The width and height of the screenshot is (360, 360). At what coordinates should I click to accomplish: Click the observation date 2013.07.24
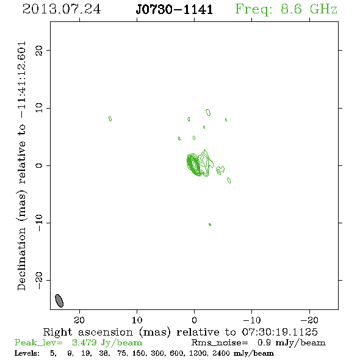[x=62, y=9]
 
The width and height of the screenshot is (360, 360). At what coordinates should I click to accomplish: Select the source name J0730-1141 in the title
[x=175, y=9]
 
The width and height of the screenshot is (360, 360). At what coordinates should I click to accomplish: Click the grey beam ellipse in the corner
[x=59, y=301]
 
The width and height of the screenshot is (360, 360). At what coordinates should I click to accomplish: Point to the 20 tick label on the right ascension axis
[x=79, y=320]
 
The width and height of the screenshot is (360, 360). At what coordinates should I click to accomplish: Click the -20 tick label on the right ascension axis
[x=309, y=320]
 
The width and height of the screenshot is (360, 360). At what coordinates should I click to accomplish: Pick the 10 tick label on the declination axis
[x=39, y=108]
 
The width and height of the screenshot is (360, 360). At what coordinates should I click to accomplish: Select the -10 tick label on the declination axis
[x=39, y=223]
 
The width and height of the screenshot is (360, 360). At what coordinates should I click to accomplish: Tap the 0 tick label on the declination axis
[x=39, y=165]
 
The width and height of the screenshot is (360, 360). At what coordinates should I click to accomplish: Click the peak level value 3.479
[x=84, y=342]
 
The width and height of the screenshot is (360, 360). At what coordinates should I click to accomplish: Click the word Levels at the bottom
[x=27, y=353]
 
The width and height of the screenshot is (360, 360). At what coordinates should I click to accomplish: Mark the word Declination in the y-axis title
[x=21, y=259]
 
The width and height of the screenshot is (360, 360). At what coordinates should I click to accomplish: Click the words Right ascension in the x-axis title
[x=88, y=332]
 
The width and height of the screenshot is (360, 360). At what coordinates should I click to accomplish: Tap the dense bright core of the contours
[x=194, y=164]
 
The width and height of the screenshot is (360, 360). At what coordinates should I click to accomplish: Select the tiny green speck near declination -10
[x=210, y=225]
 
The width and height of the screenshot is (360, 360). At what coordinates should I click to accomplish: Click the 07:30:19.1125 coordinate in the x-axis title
[x=280, y=332]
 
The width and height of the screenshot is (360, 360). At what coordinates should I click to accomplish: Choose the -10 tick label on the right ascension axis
[x=252, y=320]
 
